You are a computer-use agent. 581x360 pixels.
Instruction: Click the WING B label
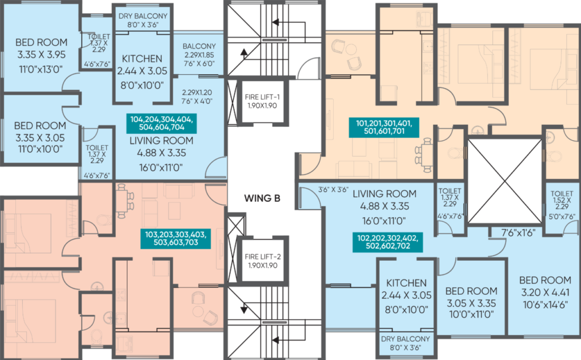pos(262,198)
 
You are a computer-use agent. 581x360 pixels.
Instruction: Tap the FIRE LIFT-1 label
pos(262,97)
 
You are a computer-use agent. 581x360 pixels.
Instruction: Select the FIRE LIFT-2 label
pos(263,257)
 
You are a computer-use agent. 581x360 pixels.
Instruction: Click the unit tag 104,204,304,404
pos(161,119)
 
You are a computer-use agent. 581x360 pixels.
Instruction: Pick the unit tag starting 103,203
pos(176,239)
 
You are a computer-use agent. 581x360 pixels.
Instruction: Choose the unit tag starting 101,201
pos(384,127)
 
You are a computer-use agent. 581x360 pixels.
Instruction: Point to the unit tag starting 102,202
pos(388,242)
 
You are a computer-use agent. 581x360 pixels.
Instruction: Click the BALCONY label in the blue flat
pos(199,46)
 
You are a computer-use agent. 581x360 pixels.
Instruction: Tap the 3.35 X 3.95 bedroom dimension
pos(41,55)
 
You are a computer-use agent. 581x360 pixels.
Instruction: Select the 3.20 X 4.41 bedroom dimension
pos(545,293)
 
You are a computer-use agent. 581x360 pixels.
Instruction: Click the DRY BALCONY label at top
pos(143,16)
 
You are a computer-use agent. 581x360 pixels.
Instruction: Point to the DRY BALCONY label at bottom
pos(405,339)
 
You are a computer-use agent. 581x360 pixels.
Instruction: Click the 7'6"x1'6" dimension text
pos(519,233)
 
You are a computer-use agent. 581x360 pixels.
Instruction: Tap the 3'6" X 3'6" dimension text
pos(333,189)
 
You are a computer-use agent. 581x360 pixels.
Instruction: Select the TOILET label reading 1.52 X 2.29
pos(562,193)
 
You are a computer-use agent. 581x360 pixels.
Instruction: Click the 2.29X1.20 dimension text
pos(197,92)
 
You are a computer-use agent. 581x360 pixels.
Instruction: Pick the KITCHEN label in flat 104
pos(142,59)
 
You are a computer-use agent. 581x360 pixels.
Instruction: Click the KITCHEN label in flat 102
pos(406,283)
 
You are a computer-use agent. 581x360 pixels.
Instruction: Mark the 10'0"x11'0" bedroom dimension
pos(471,315)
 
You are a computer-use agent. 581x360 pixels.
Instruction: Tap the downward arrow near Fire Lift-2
pos(244,308)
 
